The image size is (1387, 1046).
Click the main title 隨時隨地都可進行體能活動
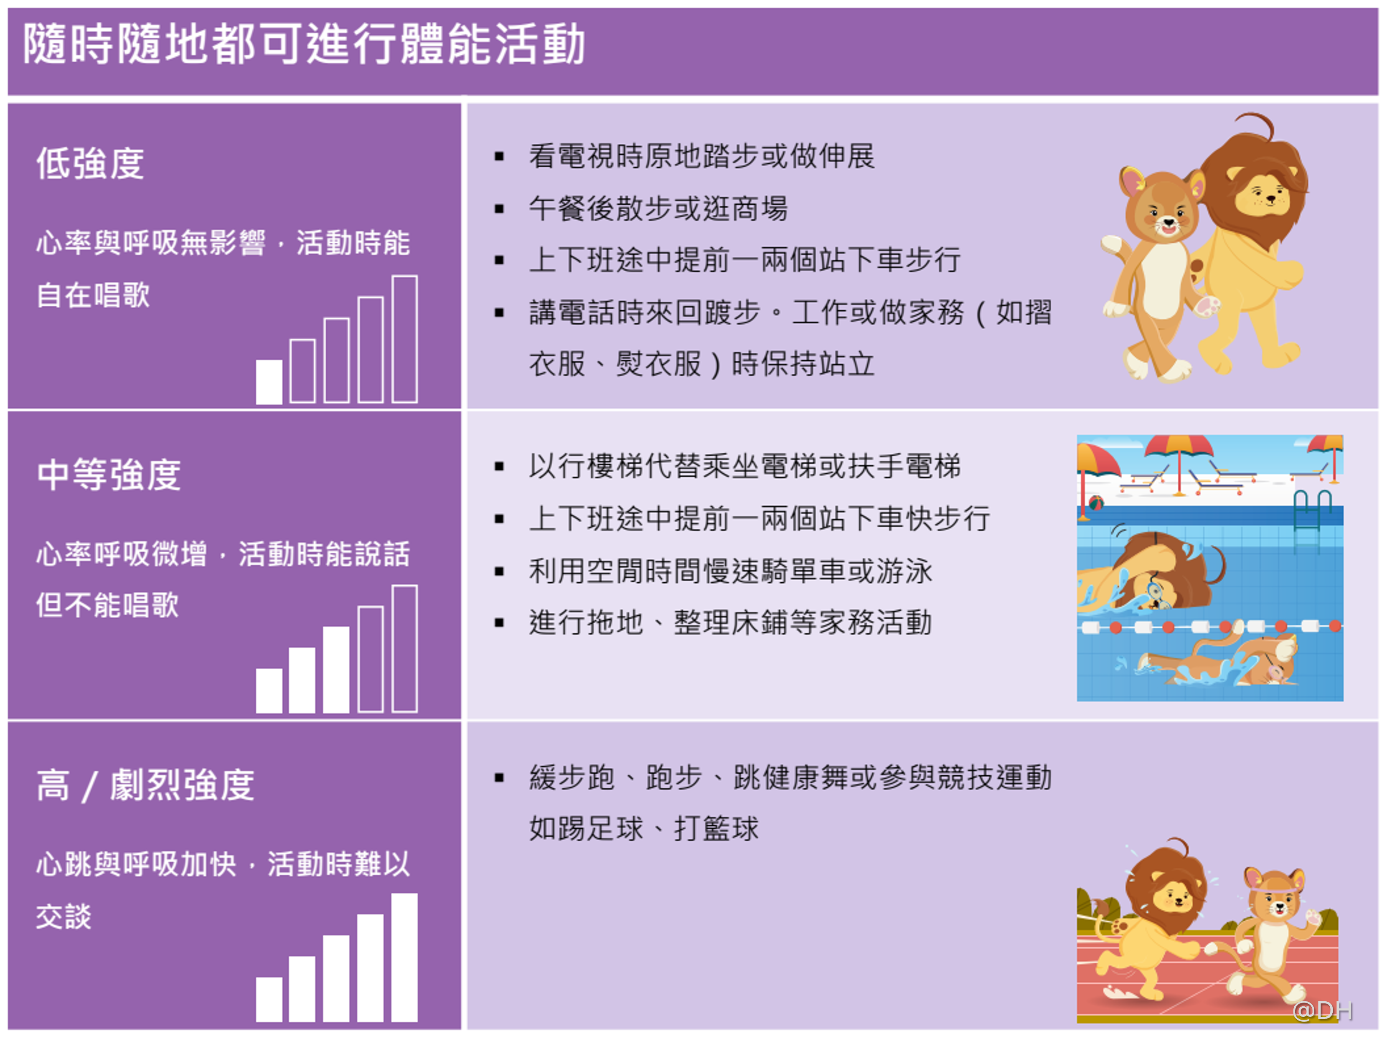click(305, 44)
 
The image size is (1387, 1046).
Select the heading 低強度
click(90, 164)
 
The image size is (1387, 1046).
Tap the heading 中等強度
click(109, 475)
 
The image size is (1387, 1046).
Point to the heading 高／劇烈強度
click(145, 785)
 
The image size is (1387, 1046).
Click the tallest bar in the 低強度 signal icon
click(404, 339)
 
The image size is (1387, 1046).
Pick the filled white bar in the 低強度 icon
click(269, 381)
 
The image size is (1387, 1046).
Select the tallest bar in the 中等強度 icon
click(404, 648)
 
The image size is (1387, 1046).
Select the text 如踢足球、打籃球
click(644, 828)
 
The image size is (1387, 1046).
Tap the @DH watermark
click(1322, 1010)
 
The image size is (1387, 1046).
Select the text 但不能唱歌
click(107, 605)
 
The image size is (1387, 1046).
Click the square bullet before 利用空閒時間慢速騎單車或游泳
click(499, 571)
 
